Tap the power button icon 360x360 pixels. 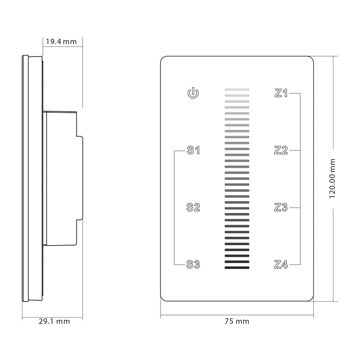coord(193,93)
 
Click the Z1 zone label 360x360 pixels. coord(281,93)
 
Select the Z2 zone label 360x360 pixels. coord(281,150)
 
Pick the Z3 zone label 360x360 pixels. coord(281,207)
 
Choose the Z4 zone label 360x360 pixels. coord(281,265)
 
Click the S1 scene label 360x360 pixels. coord(193,150)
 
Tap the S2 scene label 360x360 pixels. coord(193,207)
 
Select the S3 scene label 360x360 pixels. coord(193,265)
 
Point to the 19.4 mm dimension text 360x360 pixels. coord(61,41)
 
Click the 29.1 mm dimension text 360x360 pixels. coord(54,321)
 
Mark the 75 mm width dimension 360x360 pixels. coord(237,321)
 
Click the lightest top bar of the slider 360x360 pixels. coord(237,90)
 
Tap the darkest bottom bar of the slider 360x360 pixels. coord(237,267)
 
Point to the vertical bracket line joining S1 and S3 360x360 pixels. coord(174,207)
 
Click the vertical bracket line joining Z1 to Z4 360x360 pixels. coord(300,179)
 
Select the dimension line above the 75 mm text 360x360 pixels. coord(237,316)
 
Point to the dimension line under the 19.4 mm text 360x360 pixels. coord(63,46)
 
